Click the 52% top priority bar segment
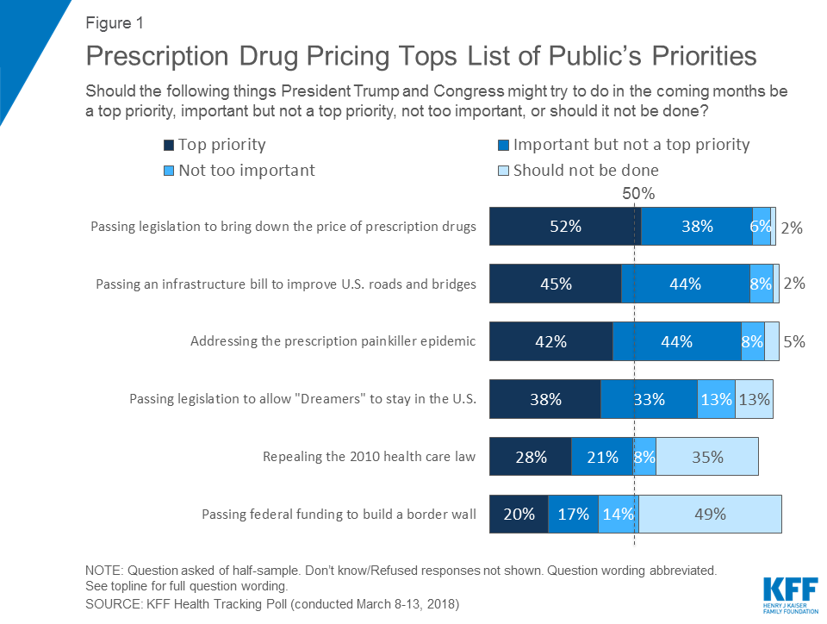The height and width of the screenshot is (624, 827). (565, 227)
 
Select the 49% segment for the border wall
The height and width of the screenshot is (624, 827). (710, 514)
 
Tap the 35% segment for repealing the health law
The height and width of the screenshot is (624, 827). (707, 457)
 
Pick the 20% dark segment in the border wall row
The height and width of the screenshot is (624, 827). (519, 514)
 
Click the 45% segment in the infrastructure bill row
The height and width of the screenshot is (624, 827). (555, 284)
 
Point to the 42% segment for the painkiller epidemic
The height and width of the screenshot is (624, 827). (550, 341)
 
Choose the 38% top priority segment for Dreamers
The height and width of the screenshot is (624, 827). (544, 399)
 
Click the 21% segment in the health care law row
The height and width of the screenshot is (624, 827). (601, 457)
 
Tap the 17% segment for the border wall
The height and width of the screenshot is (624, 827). (573, 514)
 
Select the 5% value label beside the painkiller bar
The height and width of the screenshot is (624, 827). (794, 341)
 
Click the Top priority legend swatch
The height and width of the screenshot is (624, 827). (168, 145)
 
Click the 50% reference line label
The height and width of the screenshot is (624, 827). (638, 194)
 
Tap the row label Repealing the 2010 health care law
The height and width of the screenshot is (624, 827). (369, 457)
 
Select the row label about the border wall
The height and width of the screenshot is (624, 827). (339, 515)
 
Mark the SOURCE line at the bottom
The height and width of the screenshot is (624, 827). (272, 604)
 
